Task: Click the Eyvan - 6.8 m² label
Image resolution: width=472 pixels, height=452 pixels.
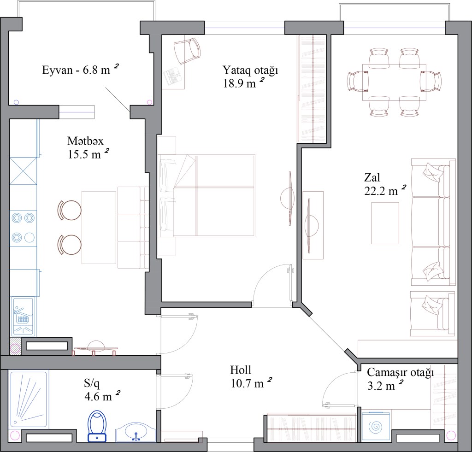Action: pyautogui.click(x=80, y=70)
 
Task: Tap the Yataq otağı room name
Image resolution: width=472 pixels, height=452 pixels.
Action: pyautogui.click(x=250, y=70)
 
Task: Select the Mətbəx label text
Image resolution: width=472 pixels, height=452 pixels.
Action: pyautogui.click(x=85, y=141)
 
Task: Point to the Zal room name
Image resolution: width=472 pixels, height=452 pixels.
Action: pyautogui.click(x=372, y=177)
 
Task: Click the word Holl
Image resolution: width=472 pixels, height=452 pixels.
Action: pyautogui.click(x=241, y=370)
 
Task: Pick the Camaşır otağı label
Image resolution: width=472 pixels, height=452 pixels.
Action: pyautogui.click(x=401, y=373)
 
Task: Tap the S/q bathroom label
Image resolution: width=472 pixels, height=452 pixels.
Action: pyautogui.click(x=92, y=383)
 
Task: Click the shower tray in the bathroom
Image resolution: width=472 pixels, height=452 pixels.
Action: pyautogui.click(x=29, y=399)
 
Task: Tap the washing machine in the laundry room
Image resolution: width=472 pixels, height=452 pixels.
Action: pyautogui.click(x=376, y=426)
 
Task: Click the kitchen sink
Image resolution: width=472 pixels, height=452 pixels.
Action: pyautogui.click(x=23, y=316)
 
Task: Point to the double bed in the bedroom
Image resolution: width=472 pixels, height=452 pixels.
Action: pyautogui.click(x=206, y=196)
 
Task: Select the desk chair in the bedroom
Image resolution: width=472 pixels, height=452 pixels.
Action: pyautogui.click(x=187, y=51)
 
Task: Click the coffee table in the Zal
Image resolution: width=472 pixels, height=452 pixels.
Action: pyautogui.click(x=385, y=223)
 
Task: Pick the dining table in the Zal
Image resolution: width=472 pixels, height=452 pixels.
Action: pyautogui.click(x=395, y=82)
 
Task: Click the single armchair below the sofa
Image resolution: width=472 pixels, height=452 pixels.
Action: pyautogui.click(x=432, y=313)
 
